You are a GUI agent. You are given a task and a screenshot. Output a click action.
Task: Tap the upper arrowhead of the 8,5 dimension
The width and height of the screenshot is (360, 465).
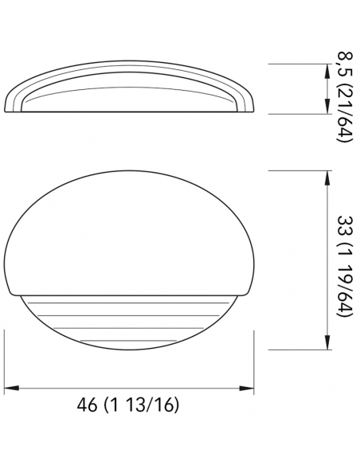[327, 70]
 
